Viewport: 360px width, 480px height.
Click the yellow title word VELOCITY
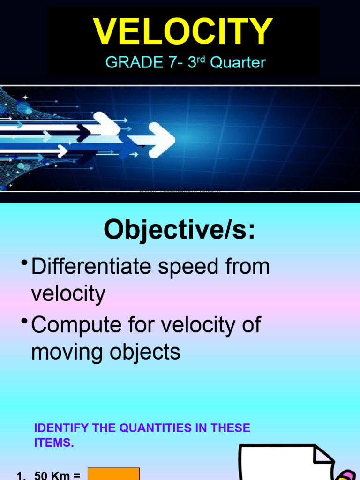(183, 32)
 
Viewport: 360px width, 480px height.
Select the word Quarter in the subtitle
(238, 62)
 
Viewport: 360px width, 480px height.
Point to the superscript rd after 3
(202, 59)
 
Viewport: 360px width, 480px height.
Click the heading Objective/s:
(180, 230)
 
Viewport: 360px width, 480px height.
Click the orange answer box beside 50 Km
(114, 474)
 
